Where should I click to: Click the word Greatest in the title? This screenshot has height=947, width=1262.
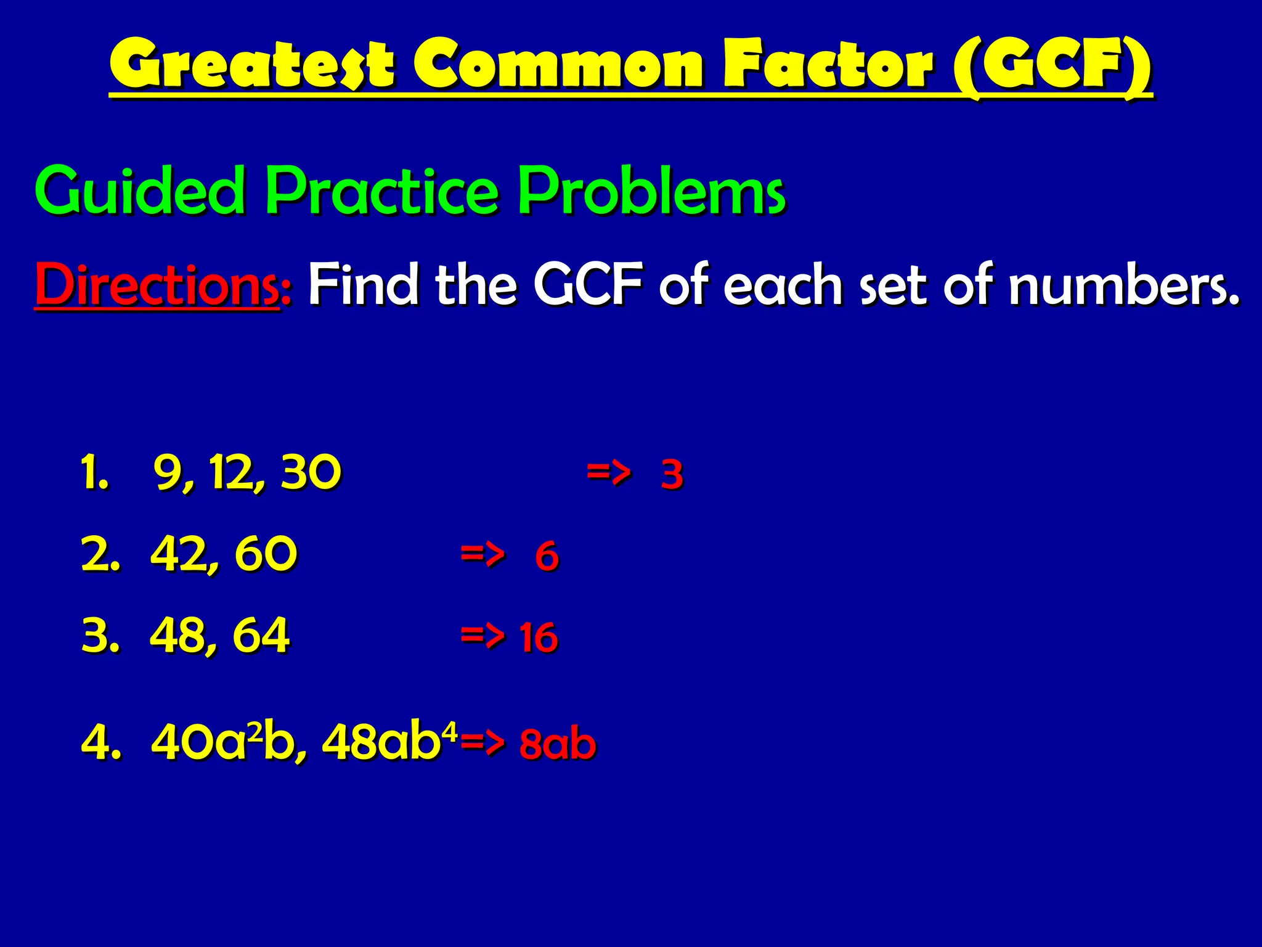[251, 64]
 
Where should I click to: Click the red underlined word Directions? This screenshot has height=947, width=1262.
[158, 285]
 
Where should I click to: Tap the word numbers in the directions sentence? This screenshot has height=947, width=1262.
[1123, 285]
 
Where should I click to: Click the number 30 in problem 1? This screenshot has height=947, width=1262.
[311, 472]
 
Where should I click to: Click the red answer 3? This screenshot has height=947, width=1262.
[672, 475]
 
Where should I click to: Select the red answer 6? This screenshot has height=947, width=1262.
[547, 555]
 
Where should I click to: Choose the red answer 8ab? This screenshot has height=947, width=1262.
[558, 744]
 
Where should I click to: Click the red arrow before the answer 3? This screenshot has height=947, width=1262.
[608, 473]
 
